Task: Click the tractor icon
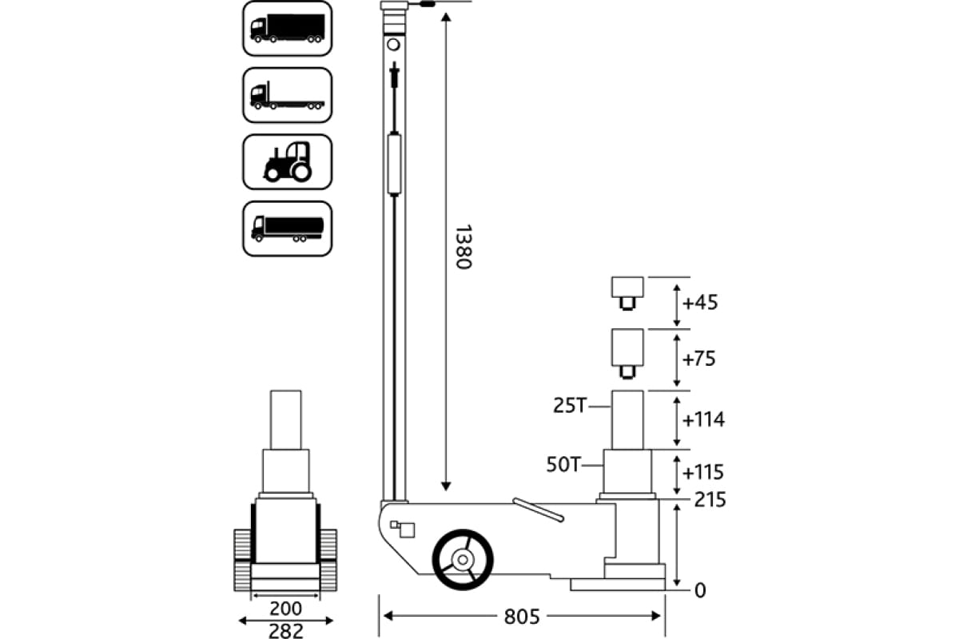287,161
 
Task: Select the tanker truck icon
287,228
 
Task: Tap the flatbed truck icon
287,95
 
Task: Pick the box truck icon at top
287,28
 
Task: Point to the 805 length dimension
523,617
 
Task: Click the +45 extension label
700,303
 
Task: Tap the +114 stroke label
704,419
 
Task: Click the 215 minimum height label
710,501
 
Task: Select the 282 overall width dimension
285,631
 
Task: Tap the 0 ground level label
700,591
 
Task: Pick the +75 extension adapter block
627,349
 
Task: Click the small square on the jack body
408,530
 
